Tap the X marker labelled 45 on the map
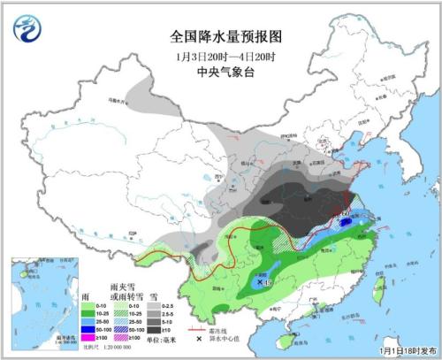[x=258, y=281]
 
